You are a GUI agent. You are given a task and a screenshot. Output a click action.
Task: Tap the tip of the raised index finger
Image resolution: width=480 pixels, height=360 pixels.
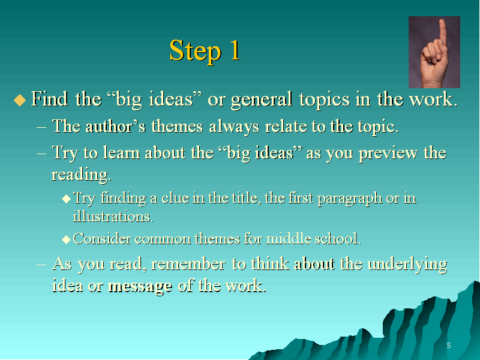point(442,21)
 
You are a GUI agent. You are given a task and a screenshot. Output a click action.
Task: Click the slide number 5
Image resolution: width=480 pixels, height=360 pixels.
point(449,346)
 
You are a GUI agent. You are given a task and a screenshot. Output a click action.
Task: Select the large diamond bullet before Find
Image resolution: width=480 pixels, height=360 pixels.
point(20,100)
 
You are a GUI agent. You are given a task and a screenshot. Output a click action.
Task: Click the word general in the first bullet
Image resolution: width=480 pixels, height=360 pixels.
point(262,100)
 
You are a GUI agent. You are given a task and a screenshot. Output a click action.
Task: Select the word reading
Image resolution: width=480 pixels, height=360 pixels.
point(81,175)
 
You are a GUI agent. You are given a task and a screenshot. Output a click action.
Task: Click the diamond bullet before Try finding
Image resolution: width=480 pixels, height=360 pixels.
point(66,199)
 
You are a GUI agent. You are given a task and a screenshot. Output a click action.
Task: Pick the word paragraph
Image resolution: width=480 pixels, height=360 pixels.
point(350,199)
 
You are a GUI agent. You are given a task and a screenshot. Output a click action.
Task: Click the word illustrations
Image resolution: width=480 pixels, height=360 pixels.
point(113,217)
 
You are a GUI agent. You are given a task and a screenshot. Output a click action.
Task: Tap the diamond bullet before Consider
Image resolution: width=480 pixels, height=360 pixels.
point(66,239)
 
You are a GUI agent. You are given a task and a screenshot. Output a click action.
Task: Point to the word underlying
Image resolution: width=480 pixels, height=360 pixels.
point(407,264)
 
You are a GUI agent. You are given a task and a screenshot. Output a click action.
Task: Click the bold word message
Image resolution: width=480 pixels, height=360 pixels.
point(140,287)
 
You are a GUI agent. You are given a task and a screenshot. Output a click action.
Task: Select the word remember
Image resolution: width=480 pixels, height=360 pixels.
point(188,264)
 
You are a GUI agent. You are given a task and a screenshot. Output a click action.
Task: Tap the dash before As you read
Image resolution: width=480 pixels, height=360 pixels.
point(41,264)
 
